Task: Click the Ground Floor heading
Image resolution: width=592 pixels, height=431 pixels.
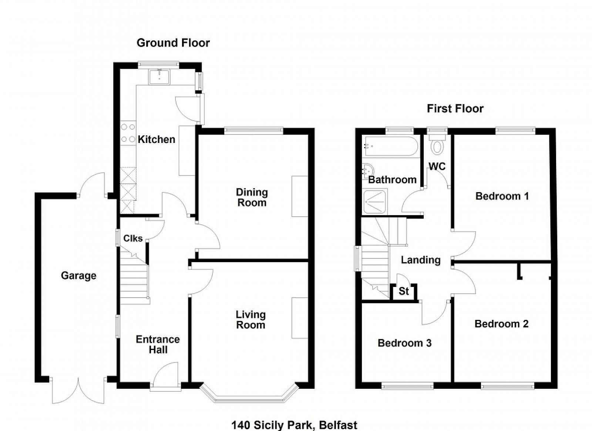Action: [173, 43]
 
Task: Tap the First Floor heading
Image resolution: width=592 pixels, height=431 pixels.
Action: [455, 108]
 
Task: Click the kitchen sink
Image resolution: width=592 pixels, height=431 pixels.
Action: [159, 77]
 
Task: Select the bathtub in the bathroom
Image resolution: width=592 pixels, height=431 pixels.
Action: [391, 146]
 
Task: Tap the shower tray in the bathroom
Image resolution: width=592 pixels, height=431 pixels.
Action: [374, 202]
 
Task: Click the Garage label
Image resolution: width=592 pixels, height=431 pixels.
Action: [78, 276]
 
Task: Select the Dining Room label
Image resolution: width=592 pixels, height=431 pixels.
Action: [252, 197]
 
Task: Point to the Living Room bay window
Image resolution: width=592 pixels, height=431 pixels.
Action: [249, 395]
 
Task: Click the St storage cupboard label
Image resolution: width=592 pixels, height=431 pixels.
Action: [404, 291]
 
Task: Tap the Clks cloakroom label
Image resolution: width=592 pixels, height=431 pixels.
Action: [133, 238]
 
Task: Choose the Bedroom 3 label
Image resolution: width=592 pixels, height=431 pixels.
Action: [404, 343]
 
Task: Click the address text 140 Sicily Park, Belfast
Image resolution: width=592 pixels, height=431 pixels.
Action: [294, 425]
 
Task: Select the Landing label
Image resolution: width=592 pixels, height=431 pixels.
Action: [421, 260]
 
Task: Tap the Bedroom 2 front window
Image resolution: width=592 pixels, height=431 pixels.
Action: [507, 387]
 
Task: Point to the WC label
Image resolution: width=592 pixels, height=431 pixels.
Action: [437, 167]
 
